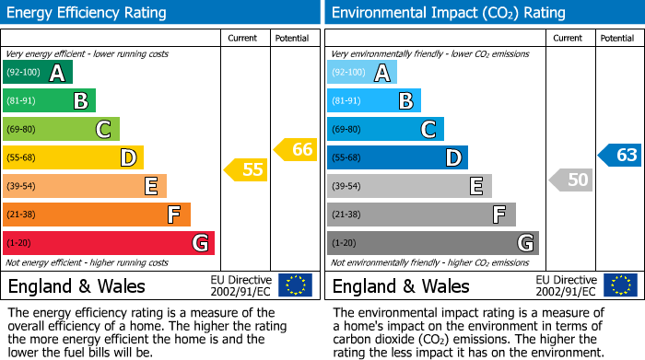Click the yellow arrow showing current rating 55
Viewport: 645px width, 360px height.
point(246,169)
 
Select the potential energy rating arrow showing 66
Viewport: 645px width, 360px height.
point(296,149)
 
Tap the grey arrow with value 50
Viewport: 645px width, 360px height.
point(571,180)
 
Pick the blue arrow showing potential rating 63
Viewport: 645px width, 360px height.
point(620,155)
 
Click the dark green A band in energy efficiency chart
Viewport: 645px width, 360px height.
point(38,73)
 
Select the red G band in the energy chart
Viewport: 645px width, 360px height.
point(109,243)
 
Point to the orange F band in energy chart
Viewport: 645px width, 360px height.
point(97,215)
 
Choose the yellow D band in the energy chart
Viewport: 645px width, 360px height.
point(73,157)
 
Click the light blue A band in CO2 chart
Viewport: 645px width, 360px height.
point(362,73)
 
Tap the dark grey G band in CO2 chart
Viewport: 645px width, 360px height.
point(432,243)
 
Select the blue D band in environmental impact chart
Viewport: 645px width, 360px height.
point(397,157)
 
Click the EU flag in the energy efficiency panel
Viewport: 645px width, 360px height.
point(295,285)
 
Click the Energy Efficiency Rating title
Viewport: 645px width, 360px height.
point(88,13)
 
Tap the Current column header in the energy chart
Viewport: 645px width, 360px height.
point(242,38)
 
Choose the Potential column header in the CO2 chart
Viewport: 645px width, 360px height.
point(616,38)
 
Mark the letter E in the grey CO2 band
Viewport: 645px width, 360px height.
point(476,186)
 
